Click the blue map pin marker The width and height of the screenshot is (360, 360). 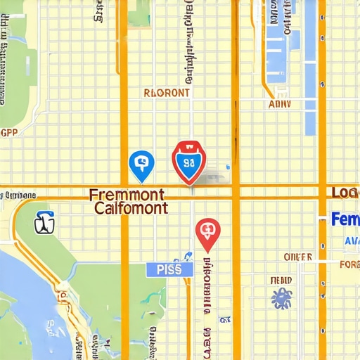pyautogui.click(x=141, y=165)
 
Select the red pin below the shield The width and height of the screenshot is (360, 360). pyautogui.click(x=207, y=233)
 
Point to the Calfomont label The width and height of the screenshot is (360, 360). pyautogui.click(x=131, y=208)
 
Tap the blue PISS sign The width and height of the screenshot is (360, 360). pyautogui.click(x=169, y=269)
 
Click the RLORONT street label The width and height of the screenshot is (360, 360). pyautogui.click(x=166, y=92)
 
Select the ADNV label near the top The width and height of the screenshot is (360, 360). pyautogui.click(x=280, y=104)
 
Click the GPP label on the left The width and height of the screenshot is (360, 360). pyautogui.click(x=9, y=131)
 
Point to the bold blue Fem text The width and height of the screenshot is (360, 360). pyautogui.click(x=345, y=219)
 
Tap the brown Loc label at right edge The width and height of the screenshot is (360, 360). pyautogui.click(x=345, y=193)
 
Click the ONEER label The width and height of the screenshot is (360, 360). pyautogui.click(x=297, y=257)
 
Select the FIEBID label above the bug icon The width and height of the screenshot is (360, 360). pyautogui.click(x=281, y=280)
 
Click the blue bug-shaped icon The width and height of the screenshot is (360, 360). pyautogui.click(x=282, y=297)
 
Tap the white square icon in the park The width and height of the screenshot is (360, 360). pyautogui.click(x=44, y=224)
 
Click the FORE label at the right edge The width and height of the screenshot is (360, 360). pyautogui.click(x=349, y=265)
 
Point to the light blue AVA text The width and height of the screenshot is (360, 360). pyautogui.click(x=351, y=240)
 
